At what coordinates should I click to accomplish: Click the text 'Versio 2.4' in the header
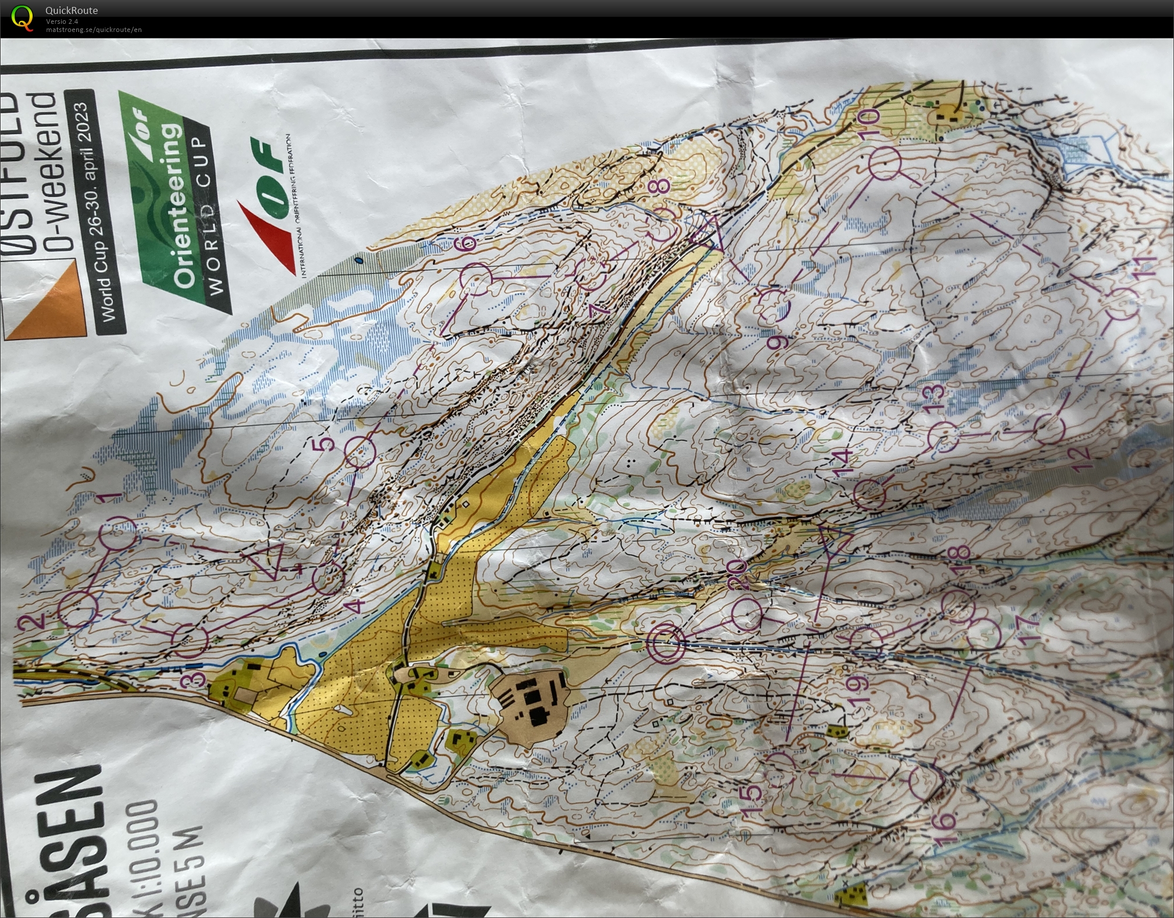point(62,22)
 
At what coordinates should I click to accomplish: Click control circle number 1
point(119,533)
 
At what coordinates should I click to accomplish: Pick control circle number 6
point(475,279)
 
